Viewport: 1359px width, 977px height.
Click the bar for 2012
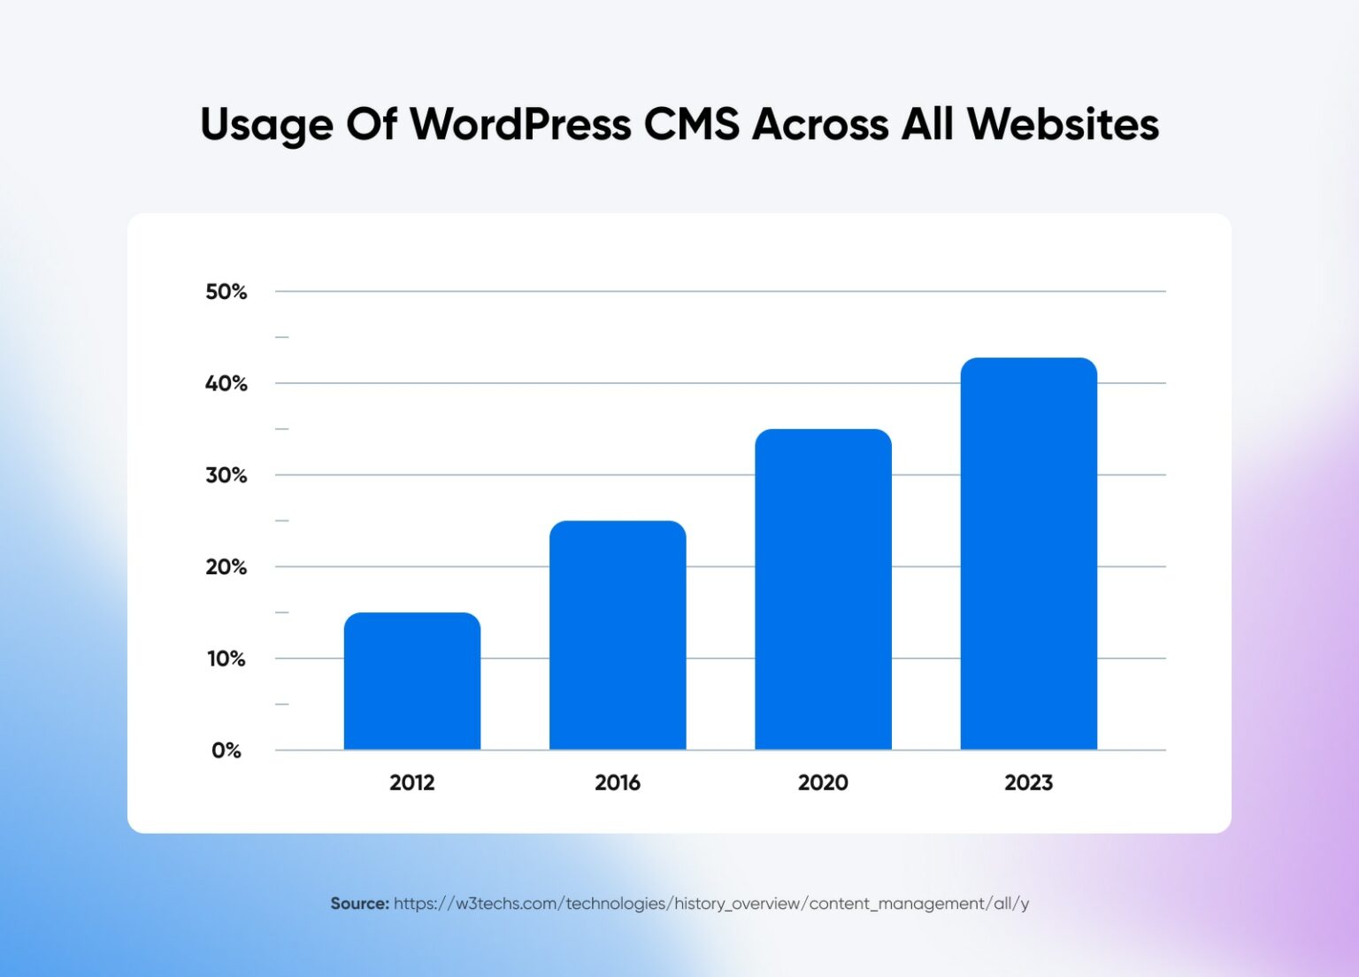click(412, 681)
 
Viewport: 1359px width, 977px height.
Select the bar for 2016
click(618, 635)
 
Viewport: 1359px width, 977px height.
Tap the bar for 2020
click(823, 589)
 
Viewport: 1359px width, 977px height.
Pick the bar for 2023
click(1028, 554)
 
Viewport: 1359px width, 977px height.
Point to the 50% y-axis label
click(226, 292)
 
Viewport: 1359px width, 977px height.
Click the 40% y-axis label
click(226, 384)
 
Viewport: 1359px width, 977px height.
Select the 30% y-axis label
click(226, 475)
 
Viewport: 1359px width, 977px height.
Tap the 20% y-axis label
click(226, 567)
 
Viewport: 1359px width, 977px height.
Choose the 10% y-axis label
click(226, 659)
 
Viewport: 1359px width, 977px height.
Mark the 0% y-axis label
click(226, 750)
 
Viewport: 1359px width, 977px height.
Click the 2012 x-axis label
click(412, 782)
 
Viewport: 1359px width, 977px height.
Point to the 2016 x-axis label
click(618, 782)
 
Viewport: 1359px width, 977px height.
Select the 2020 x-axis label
click(823, 782)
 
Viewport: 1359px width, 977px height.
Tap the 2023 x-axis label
click(1028, 782)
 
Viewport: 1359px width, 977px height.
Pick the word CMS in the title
click(691, 124)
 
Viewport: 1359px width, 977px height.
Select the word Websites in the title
click(1063, 124)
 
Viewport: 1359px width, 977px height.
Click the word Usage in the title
click(266, 126)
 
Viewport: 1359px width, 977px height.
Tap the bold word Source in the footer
click(359, 904)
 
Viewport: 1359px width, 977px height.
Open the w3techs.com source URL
click(711, 904)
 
